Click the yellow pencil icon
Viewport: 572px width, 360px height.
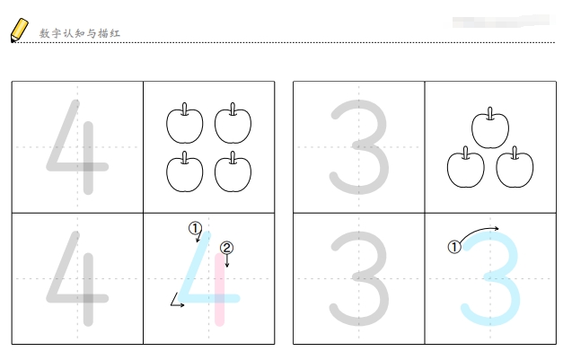point(20,30)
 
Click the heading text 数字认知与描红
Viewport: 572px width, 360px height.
point(80,33)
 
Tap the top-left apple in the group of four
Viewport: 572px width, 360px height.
point(185,123)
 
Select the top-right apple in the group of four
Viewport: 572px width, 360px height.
point(233,123)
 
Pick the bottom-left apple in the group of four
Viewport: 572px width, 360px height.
point(185,171)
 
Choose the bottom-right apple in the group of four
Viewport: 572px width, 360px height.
point(233,171)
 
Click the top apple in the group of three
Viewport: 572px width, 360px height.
point(490,128)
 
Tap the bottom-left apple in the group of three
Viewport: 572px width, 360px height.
point(466,167)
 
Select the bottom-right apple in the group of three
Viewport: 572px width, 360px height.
point(515,167)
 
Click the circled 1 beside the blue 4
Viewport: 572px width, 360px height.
point(195,228)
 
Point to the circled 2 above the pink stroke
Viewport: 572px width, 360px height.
point(226,248)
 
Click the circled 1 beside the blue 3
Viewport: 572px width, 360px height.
point(454,247)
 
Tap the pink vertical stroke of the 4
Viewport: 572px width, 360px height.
point(219,289)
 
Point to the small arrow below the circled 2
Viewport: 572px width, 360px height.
point(227,260)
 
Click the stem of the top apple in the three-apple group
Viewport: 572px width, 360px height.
point(490,113)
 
